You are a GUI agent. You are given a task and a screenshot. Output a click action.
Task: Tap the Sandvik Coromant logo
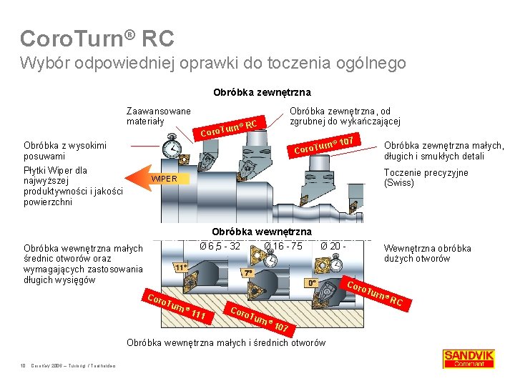[469, 358]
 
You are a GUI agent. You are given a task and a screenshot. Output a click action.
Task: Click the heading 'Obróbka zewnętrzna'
[262, 92]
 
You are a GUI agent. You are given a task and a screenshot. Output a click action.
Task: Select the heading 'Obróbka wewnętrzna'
[262, 232]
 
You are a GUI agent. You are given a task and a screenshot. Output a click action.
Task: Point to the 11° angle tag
[181, 267]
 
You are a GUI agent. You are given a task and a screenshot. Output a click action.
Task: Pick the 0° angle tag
[312, 283]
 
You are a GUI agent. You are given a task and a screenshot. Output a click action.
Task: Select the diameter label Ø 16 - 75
[283, 247]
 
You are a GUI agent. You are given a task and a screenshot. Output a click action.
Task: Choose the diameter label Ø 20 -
[333, 247]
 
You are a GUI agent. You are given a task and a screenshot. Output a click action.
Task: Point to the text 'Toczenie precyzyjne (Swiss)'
[426, 177]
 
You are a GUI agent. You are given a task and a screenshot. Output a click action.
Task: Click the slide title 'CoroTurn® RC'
[97, 37]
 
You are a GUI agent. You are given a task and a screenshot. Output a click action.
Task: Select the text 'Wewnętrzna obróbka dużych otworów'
[427, 253]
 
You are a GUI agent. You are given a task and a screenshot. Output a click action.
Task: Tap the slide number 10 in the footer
[23, 367]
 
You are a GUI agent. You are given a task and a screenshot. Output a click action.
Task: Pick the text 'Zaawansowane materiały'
[158, 116]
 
